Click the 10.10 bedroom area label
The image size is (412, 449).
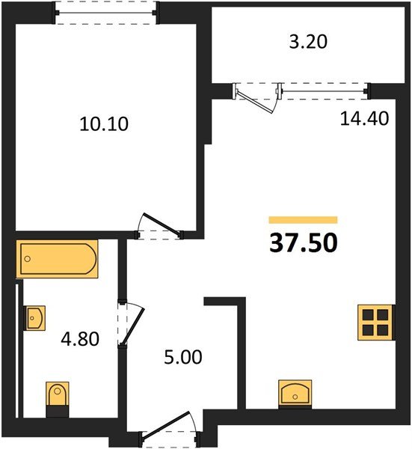104,123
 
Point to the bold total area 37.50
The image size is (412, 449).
303,242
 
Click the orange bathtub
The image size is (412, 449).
57,259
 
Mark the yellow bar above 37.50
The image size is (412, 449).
303,220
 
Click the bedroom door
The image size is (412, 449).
159,225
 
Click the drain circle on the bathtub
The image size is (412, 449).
28,260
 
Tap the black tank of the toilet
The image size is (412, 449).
57,410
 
